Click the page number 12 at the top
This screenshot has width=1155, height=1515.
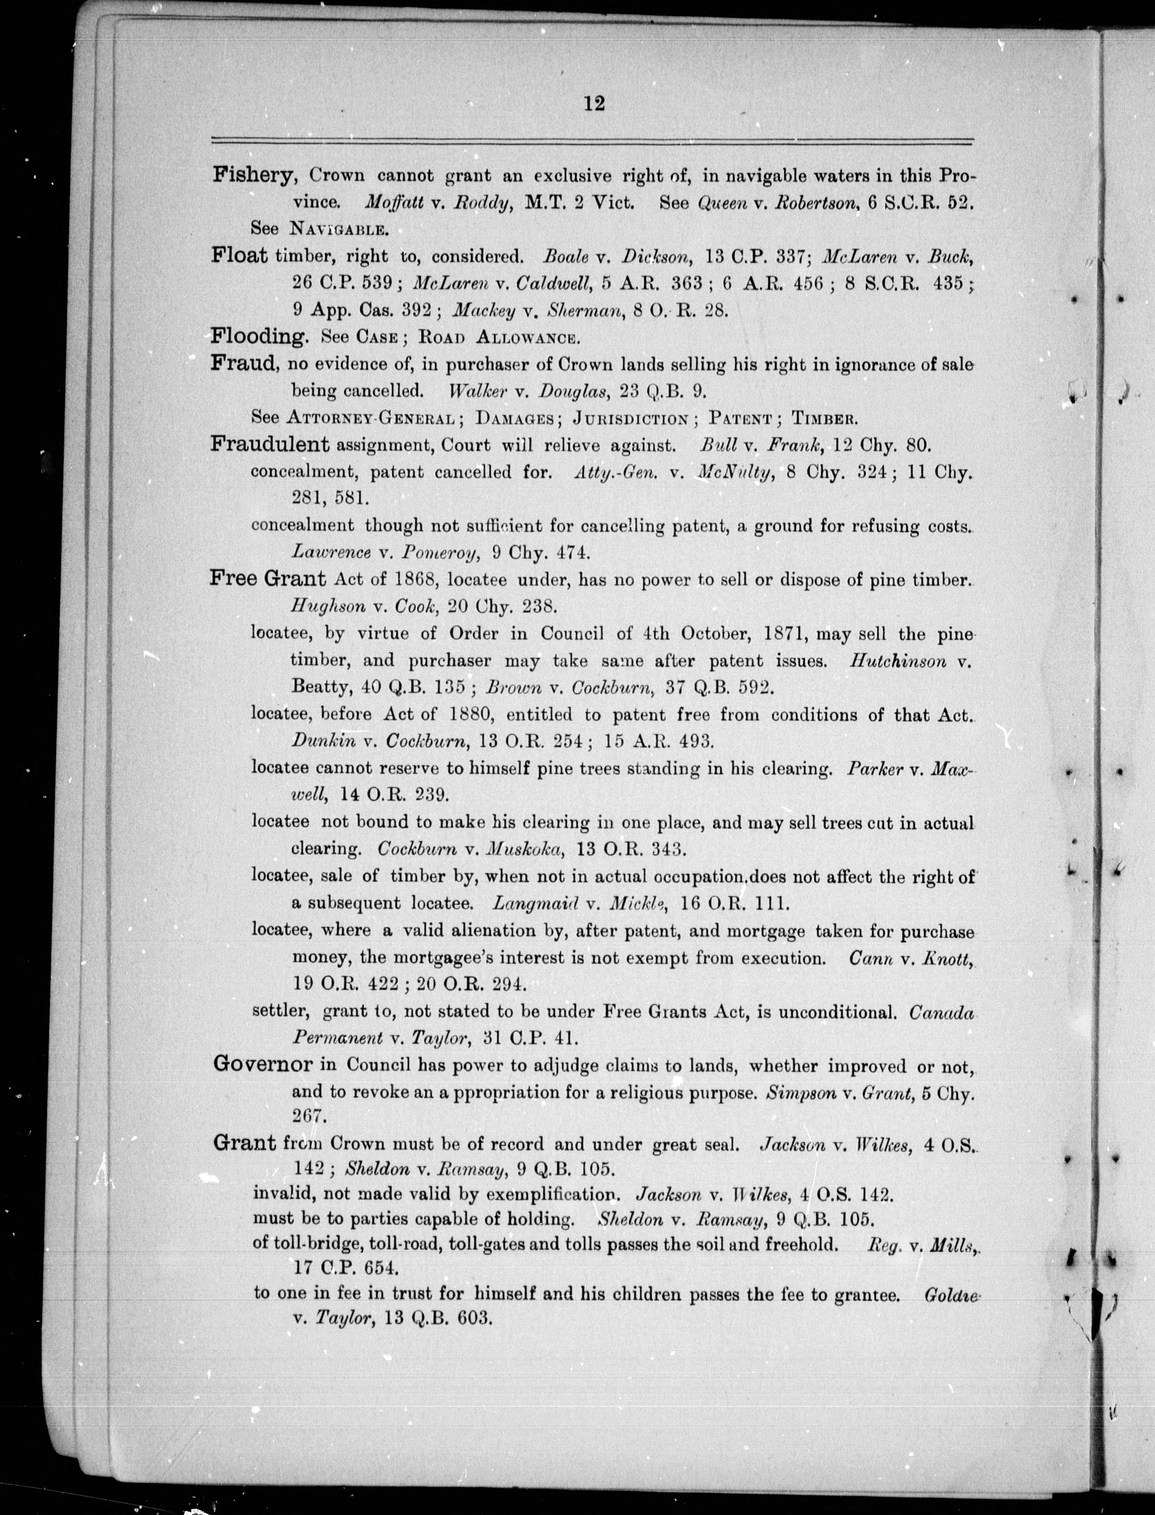pos(593,104)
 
